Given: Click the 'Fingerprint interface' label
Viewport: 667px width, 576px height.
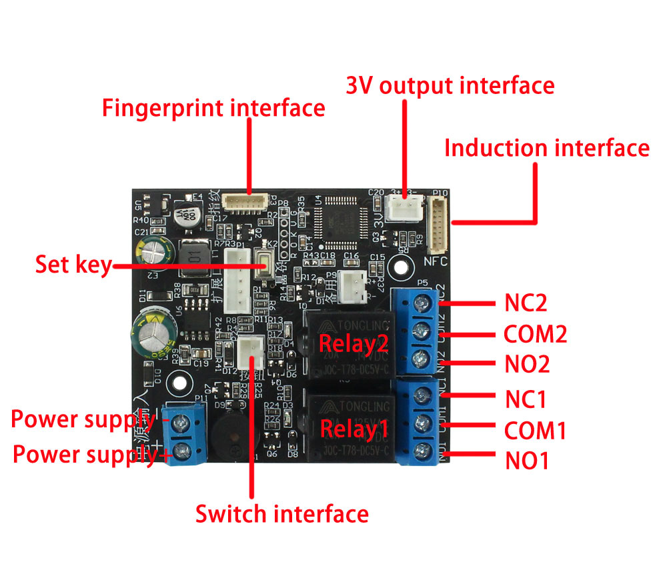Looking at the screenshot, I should point(213,108).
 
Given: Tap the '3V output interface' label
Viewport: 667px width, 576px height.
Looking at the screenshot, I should point(450,86).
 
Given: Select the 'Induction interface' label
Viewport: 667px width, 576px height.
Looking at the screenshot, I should point(546,148).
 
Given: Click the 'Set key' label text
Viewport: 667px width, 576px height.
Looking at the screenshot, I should point(73,265).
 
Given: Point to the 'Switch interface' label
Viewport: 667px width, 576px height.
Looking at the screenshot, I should point(281,514).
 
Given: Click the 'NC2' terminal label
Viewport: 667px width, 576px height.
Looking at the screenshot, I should point(526,303).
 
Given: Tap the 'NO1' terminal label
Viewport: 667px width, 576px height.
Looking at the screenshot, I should point(526,461).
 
